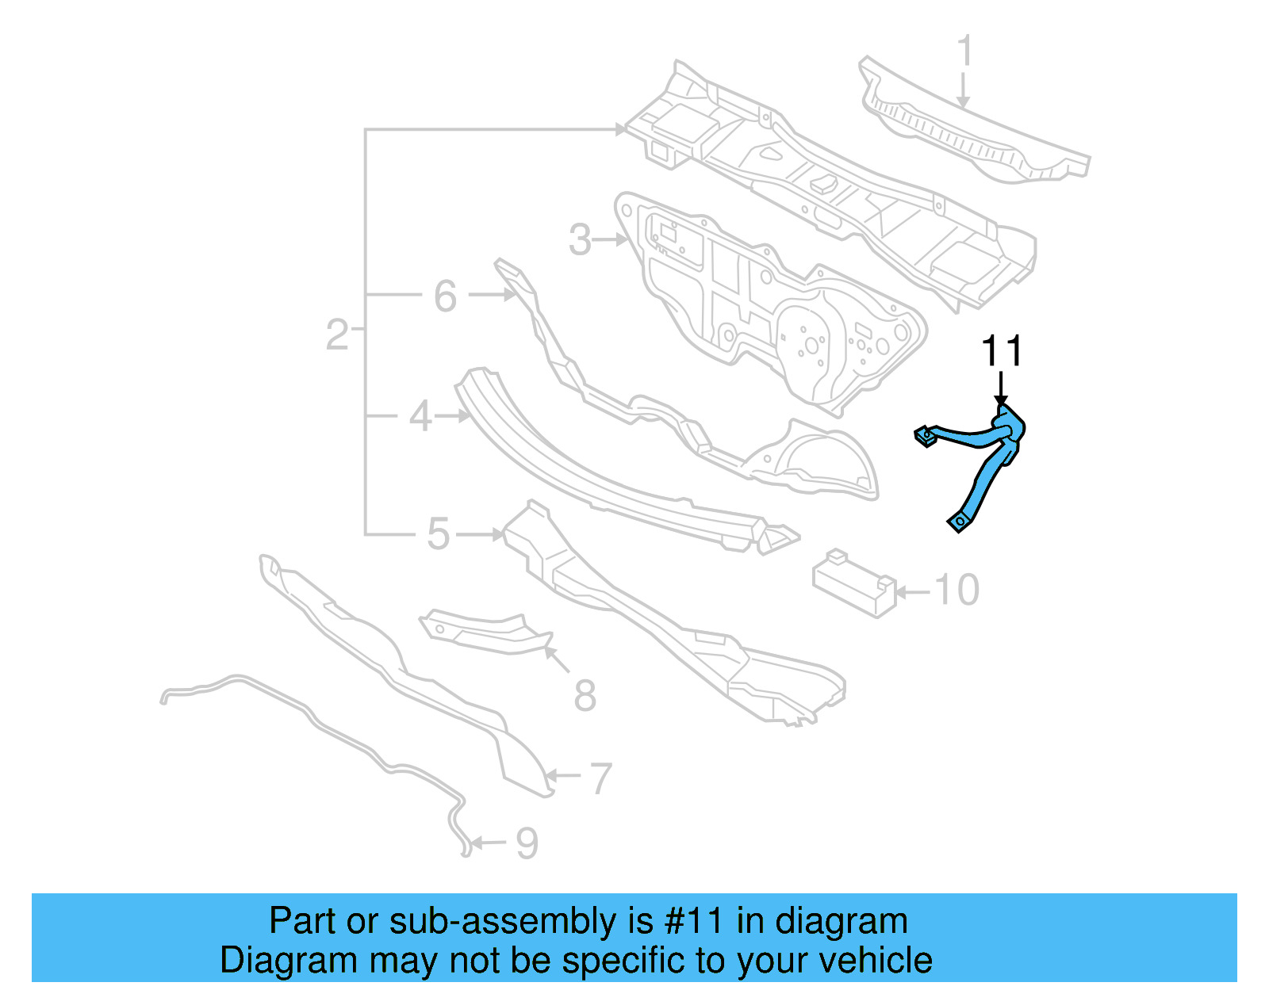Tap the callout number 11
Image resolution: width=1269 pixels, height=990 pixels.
click(1002, 351)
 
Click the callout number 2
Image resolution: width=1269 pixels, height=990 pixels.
click(337, 335)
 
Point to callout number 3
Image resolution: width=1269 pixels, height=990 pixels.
click(581, 240)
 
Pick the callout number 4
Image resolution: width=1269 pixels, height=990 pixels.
click(420, 416)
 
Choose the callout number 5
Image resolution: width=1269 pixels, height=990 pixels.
click(439, 534)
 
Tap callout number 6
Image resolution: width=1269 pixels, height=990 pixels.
click(445, 296)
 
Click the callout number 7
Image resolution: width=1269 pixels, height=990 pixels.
click(601, 778)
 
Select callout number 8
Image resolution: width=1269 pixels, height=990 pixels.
click(585, 696)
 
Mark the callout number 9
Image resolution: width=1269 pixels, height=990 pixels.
click(527, 843)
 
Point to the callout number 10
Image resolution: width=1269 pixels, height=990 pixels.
click(957, 591)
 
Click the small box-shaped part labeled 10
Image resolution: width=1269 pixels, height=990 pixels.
click(853, 583)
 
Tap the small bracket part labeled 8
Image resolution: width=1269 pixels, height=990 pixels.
click(484, 632)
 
